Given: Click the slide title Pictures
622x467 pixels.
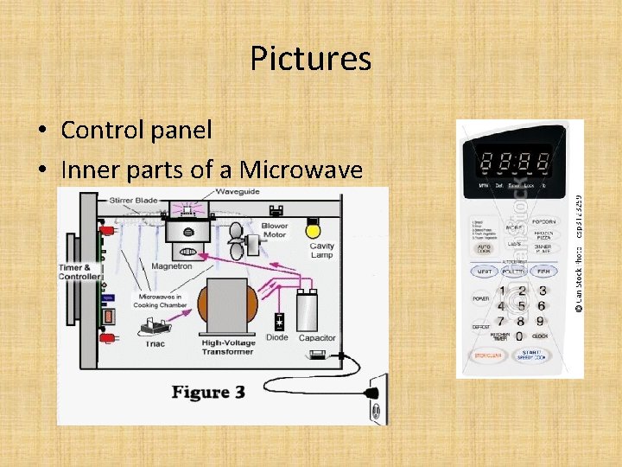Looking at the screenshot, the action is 311,59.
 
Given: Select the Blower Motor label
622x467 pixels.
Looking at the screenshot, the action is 275,230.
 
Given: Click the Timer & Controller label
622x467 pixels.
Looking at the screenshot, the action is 79,271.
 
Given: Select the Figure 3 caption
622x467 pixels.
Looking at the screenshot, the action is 208,393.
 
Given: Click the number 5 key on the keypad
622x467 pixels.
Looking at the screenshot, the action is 522,306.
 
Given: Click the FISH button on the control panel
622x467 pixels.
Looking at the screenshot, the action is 543,271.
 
